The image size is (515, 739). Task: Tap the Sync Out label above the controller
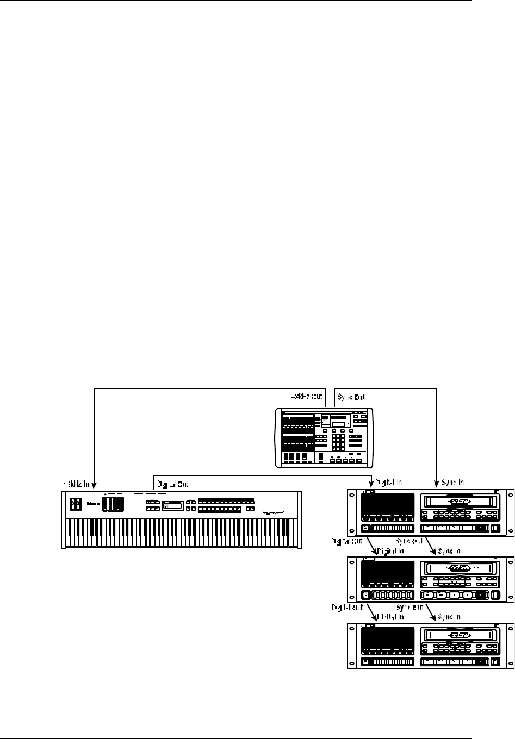click(351, 397)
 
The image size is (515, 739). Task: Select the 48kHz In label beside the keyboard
click(76, 483)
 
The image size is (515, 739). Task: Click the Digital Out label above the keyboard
click(173, 483)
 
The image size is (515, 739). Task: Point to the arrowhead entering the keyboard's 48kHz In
click(95, 486)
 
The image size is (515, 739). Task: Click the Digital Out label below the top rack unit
click(348, 542)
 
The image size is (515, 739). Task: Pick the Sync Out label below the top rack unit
click(409, 542)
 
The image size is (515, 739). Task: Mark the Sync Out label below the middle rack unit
click(409, 608)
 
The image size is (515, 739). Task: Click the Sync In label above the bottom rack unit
click(449, 617)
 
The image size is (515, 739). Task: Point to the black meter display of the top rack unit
click(388, 508)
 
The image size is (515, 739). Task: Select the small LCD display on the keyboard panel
click(172, 505)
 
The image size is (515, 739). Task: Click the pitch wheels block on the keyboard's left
click(113, 504)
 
